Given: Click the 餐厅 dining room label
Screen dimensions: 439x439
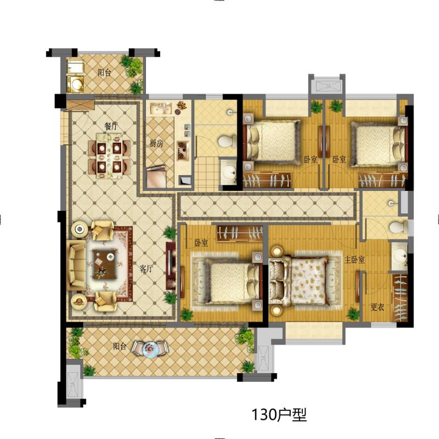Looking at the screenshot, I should (112, 126).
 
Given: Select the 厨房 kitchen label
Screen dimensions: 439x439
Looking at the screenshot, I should (156, 144).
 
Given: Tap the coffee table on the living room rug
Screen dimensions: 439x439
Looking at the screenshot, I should (105, 262).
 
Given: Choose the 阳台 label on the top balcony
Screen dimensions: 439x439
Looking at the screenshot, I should (105, 72).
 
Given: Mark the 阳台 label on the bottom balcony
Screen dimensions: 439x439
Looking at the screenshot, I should (120, 346).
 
